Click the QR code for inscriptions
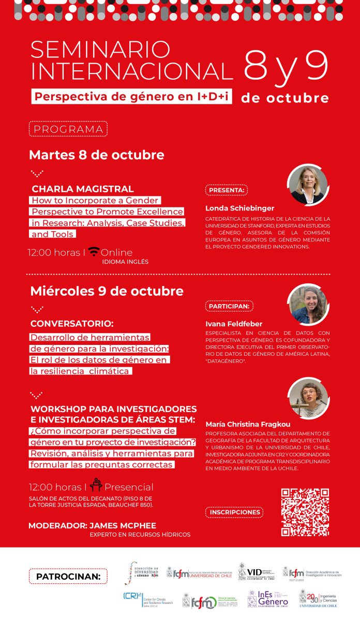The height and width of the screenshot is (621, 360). pos(305,512)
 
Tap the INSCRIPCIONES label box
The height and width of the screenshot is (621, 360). pos(235,512)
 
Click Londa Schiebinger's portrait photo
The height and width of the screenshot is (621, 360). pos(307,185)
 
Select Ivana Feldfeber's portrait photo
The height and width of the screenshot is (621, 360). pos(307,305)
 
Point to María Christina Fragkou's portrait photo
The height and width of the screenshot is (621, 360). pos(307,398)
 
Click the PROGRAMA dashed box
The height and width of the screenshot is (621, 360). pos(68,129)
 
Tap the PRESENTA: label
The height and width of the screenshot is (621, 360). pos(226,190)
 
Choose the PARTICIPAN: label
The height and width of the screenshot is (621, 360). pos(229,306)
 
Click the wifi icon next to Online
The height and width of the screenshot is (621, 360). pos(94,252)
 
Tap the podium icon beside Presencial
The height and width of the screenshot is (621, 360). pos(96,486)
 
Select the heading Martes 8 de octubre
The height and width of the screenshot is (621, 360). pos(96,155)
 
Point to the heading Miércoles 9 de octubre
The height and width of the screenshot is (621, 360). pos(107,291)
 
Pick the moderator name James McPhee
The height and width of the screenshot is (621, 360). pos(123,525)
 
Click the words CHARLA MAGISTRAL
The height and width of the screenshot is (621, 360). pos(83,189)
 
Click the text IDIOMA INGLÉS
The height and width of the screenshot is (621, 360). pos(125,262)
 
